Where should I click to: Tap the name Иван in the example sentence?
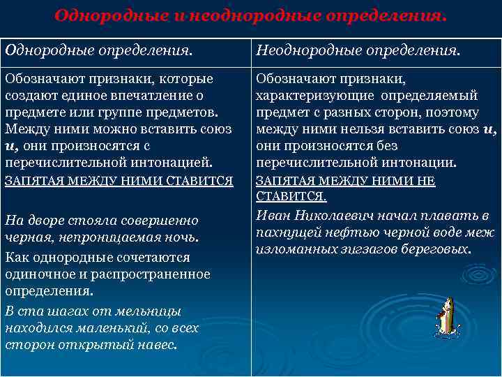pyautogui.click(x=271, y=215)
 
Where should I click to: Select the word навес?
pyautogui.click(x=158, y=345)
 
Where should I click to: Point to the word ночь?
pyautogui.click(x=183, y=237)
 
